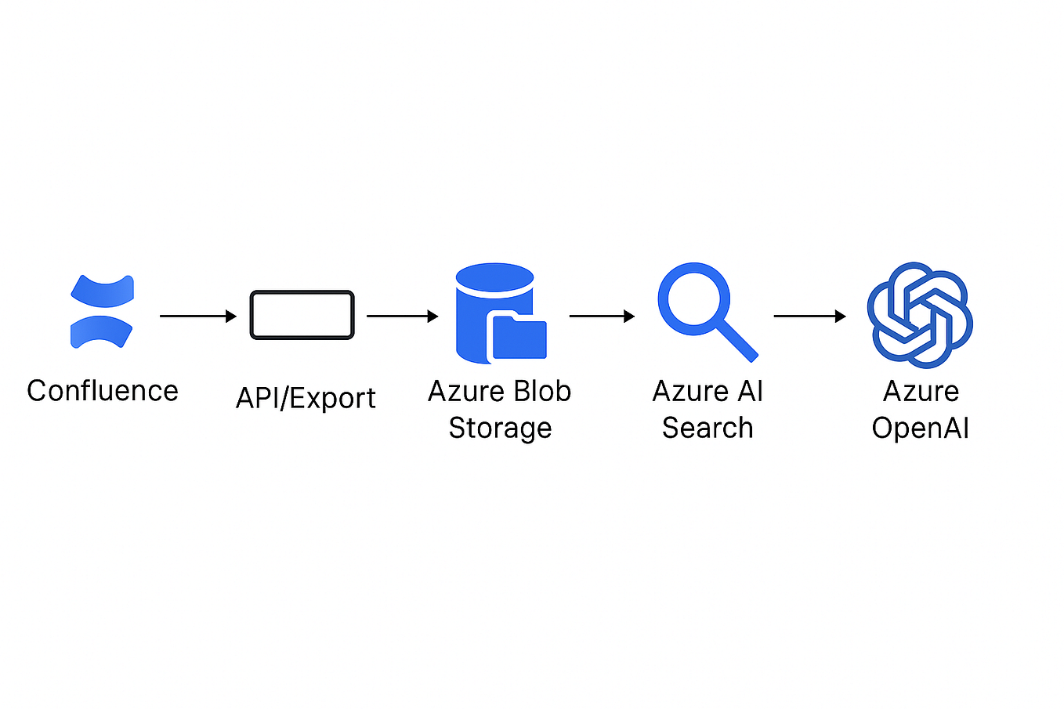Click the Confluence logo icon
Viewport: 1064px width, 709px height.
tap(102, 312)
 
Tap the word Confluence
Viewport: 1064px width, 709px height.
tap(103, 391)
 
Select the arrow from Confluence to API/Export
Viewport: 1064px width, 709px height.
tap(197, 316)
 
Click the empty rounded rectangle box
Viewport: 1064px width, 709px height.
tap(302, 315)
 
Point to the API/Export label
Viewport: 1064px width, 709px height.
tap(306, 398)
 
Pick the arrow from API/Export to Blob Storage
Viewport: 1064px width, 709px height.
tap(402, 316)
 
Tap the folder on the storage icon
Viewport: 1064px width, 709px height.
tap(518, 338)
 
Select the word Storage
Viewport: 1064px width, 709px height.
tap(500, 428)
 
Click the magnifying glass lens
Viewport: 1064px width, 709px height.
tap(693, 298)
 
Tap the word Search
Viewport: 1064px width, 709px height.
tap(708, 428)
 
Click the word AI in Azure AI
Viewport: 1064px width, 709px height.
tap(751, 391)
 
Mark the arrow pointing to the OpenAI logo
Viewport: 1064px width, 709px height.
tap(809, 316)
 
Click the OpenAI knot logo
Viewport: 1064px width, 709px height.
tap(920, 315)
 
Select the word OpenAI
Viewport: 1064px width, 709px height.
tap(921, 429)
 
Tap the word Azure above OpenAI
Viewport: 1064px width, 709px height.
tap(921, 391)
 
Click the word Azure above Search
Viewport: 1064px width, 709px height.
tap(688, 391)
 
